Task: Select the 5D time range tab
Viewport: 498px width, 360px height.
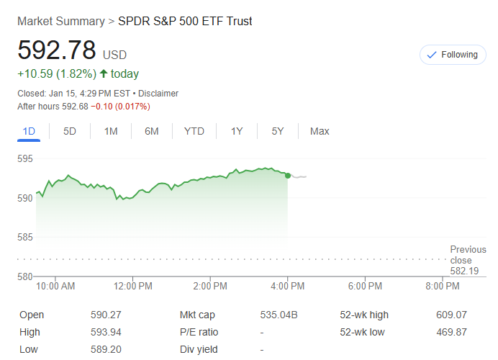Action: point(70,131)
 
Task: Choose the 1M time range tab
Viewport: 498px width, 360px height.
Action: point(111,131)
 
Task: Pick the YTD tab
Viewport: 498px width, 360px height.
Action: point(194,131)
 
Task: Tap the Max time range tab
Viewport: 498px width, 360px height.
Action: point(320,131)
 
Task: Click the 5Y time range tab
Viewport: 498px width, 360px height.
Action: point(278,131)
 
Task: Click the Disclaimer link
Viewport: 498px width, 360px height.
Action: point(158,94)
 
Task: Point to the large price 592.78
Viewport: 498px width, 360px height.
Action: point(57,50)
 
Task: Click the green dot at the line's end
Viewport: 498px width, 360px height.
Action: point(288,176)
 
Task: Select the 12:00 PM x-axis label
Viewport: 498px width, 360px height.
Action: point(133,286)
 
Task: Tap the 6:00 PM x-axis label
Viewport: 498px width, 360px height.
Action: point(364,286)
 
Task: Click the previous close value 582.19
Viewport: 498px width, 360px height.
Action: point(464,271)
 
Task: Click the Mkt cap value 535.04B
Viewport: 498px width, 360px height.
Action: point(279,315)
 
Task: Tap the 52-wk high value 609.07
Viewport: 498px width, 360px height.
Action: point(451,315)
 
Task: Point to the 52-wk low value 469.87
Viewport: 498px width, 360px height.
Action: point(451,332)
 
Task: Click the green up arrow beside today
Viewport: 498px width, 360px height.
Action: point(104,73)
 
